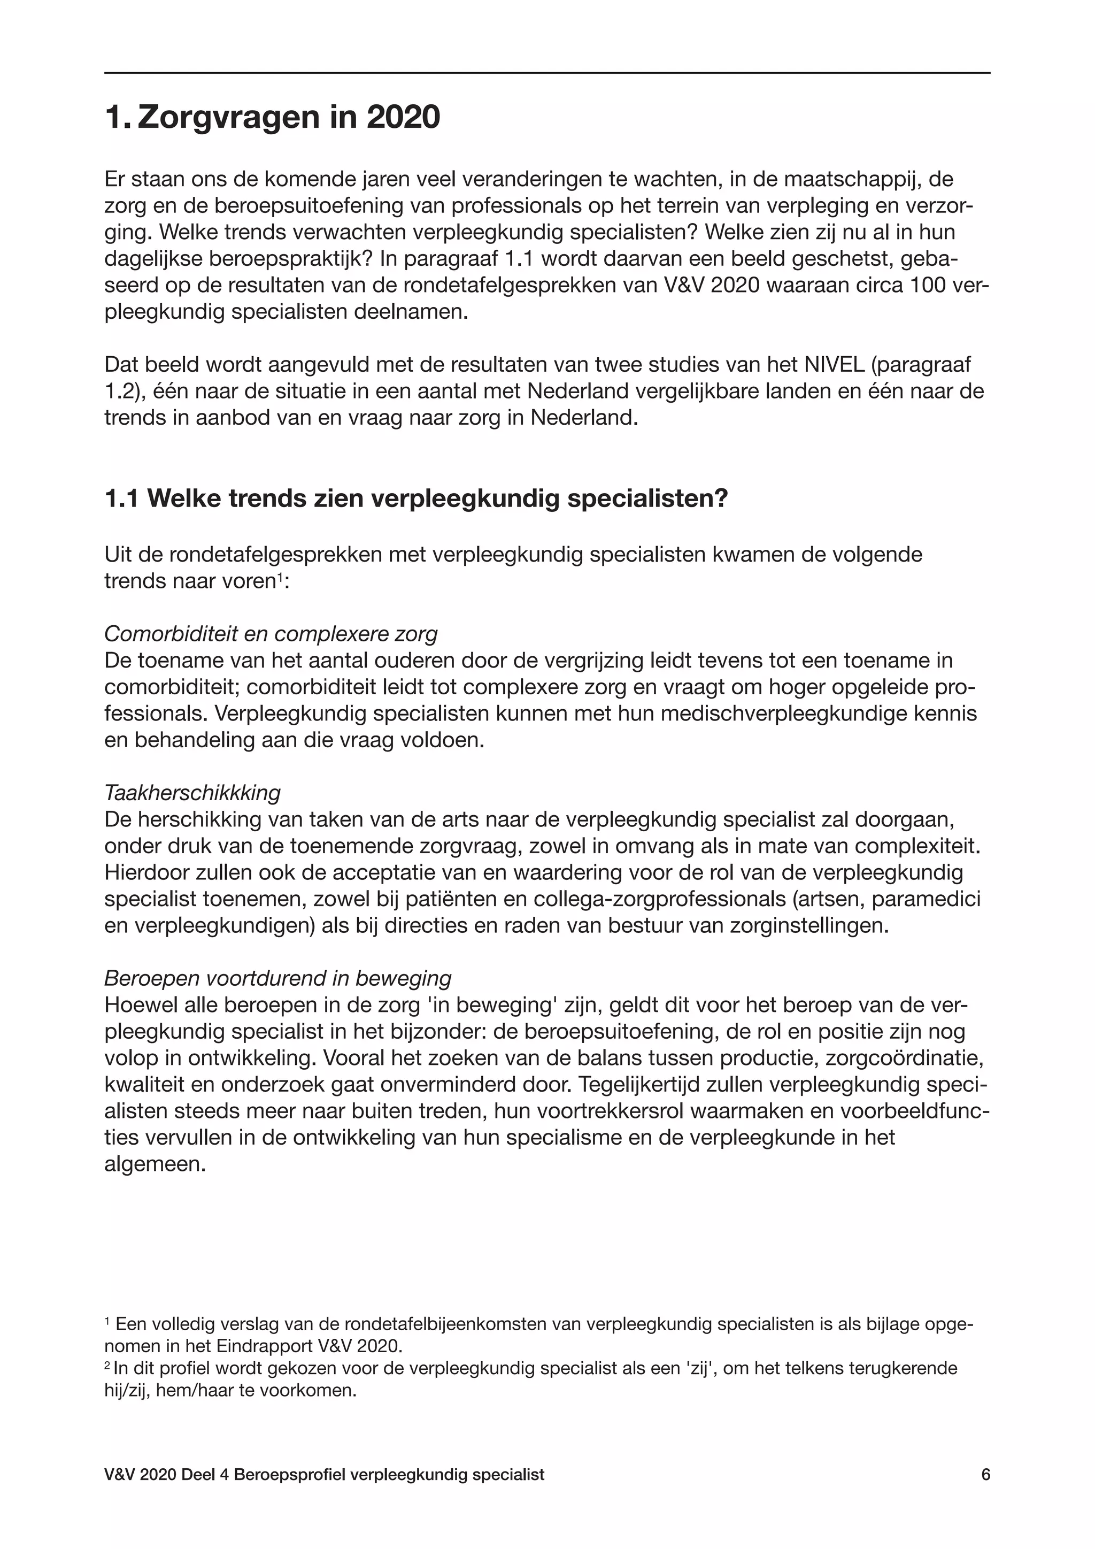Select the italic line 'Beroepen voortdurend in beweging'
point(278,978)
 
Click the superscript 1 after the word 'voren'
point(279,577)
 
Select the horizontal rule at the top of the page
point(547,73)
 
